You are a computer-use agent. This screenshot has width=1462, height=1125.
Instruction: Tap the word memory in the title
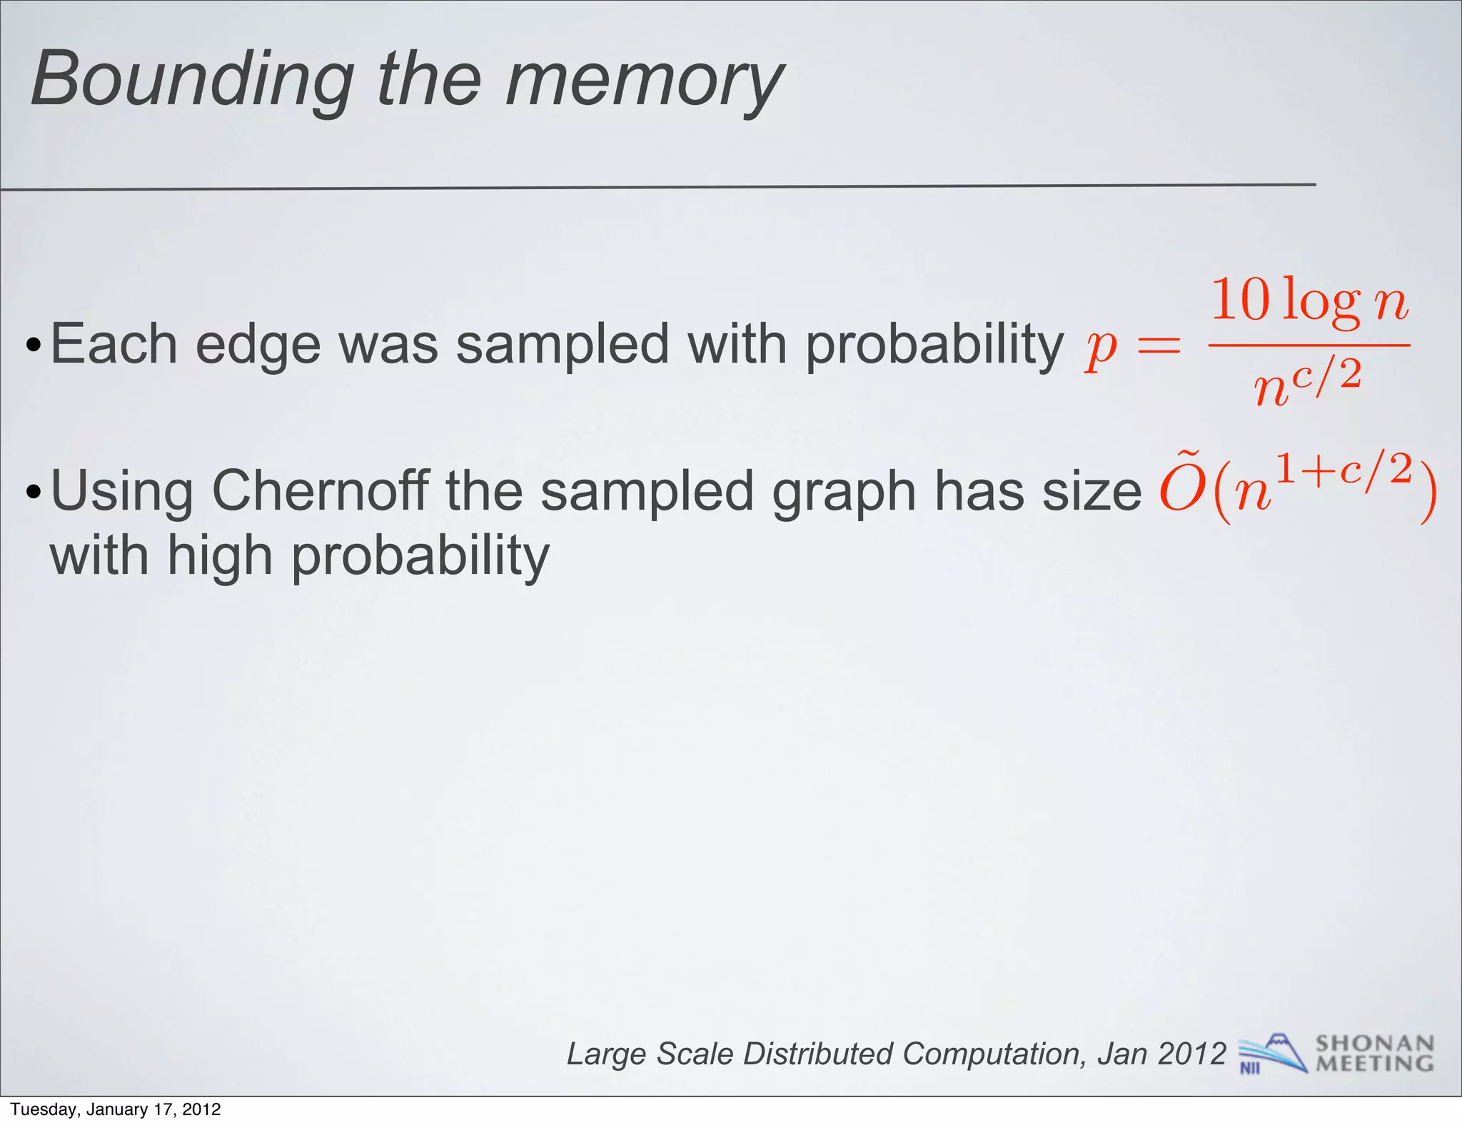point(644,80)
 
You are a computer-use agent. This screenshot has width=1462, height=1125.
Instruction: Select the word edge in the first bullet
point(258,345)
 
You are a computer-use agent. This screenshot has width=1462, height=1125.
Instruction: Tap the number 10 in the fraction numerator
point(1241,300)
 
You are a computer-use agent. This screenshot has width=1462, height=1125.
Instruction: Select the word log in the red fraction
point(1321,303)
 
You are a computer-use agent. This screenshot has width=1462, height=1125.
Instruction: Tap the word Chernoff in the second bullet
point(321,491)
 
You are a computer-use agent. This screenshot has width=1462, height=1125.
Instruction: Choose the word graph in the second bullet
point(844,493)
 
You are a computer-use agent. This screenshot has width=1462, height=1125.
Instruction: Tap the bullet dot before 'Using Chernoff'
point(33,493)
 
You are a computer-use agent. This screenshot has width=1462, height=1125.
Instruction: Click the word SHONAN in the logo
point(1375,1044)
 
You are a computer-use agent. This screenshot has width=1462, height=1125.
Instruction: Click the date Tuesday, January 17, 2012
point(116,1109)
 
